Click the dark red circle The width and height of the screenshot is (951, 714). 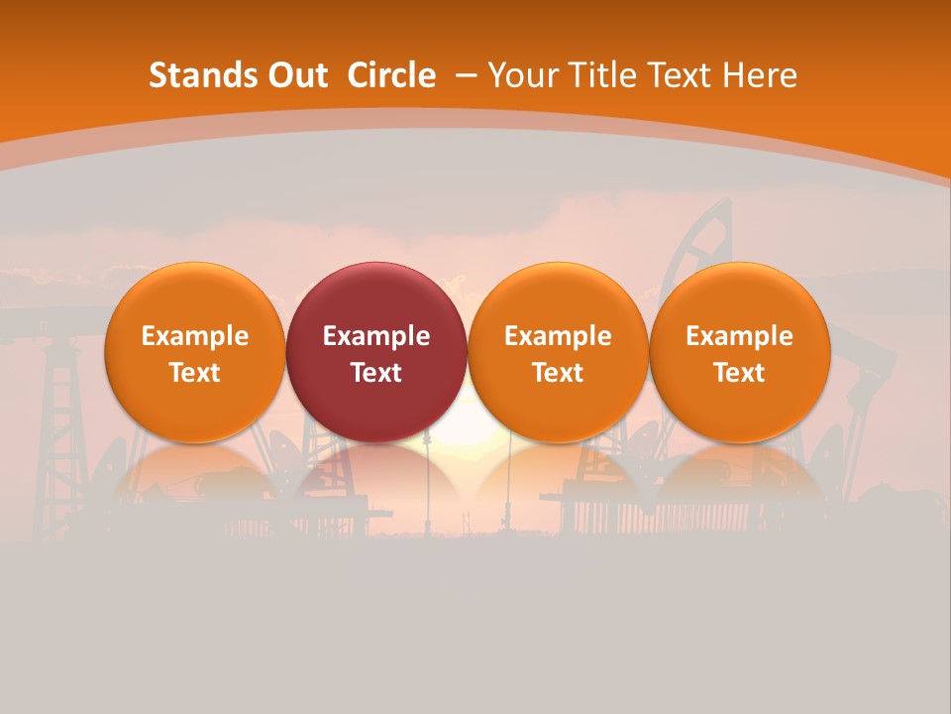pyautogui.click(x=376, y=297)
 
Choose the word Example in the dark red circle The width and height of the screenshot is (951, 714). pyautogui.click(x=376, y=336)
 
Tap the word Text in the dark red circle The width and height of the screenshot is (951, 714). pyautogui.click(x=376, y=373)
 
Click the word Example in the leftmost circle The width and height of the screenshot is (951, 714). pyautogui.click(x=195, y=336)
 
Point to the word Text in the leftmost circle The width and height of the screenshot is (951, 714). pyautogui.click(x=195, y=373)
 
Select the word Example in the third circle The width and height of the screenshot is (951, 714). pyautogui.click(x=558, y=336)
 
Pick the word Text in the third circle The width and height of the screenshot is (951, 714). pyautogui.click(x=558, y=373)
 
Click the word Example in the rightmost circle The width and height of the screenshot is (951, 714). pyautogui.click(x=739, y=336)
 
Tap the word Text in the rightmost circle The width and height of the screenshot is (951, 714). pyautogui.click(x=739, y=373)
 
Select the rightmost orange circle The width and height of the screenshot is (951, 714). pyautogui.click(x=739, y=297)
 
